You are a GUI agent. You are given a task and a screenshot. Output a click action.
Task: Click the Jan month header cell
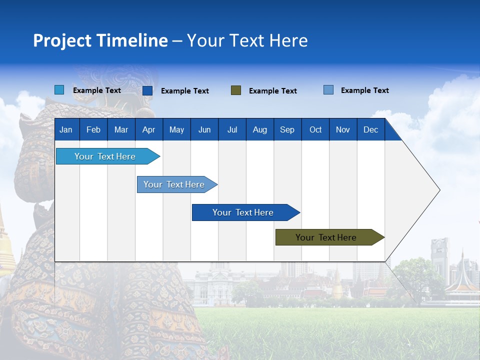(x=66, y=130)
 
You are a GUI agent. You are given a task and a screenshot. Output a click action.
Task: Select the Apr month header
(x=148, y=130)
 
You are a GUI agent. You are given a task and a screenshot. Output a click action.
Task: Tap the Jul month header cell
(x=232, y=130)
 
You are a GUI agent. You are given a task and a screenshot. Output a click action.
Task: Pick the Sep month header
(x=287, y=130)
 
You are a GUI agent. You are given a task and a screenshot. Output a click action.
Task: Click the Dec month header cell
(x=370, y=130)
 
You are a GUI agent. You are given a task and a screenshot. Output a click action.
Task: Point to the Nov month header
(x=342, y=130)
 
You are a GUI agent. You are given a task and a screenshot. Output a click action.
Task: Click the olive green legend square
(x=236, y=90)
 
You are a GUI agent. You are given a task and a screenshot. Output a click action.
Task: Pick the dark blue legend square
(x=147, y=90)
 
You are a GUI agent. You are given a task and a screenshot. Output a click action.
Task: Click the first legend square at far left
(x=59, y=90)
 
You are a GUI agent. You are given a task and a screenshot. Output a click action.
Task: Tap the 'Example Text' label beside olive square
(x=272, y=91)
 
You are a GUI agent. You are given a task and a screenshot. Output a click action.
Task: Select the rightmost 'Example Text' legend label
(x=364, y=90)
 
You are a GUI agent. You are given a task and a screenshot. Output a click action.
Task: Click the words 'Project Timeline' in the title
(x=100, y=40)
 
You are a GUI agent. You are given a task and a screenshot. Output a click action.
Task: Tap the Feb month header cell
(x=93, y=130)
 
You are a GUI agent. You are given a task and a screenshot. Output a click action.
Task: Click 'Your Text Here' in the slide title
(x=247, y=40)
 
